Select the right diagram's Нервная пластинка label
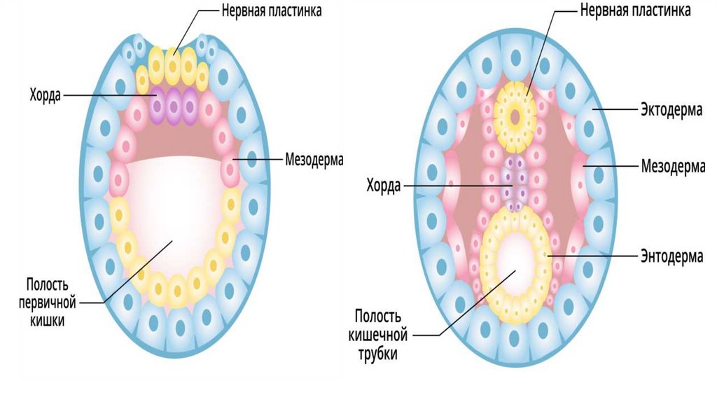(635, 10)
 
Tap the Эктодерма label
(671, 111)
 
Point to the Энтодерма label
(671, 256)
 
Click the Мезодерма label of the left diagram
(314, 160)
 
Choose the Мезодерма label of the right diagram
(671, 167)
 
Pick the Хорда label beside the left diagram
(45, 95)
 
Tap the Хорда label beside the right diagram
(384, 186)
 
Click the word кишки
(50, 321)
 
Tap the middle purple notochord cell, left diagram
(172, 105)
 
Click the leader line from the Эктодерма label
(616, 111)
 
